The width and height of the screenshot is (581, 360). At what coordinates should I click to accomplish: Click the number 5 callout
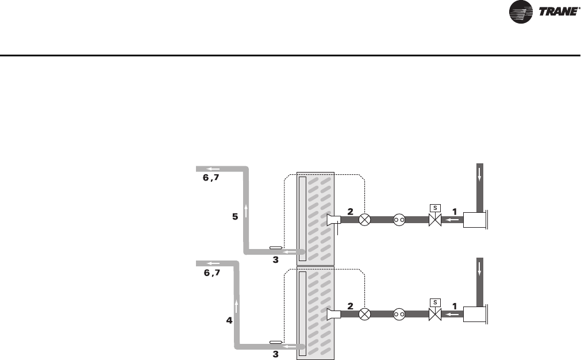tap(234, 217)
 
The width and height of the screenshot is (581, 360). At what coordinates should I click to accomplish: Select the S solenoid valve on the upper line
tap(435, 219)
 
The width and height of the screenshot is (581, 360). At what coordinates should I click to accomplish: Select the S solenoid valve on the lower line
tap(435, 315)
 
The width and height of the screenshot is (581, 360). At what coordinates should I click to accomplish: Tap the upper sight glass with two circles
tap(399, 220)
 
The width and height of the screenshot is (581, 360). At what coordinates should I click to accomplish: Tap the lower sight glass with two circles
tap(399, 315)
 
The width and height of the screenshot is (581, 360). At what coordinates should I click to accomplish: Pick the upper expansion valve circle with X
tap(364, 220)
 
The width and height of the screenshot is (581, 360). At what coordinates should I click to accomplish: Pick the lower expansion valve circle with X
tap(364, 315)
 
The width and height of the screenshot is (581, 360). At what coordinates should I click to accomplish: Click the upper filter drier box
tap(475, 220)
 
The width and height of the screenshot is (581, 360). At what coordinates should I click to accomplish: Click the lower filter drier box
tap(475, 315)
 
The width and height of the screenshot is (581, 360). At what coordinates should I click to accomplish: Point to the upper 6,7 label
tap(211, 178)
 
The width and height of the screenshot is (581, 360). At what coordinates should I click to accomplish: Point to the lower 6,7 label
tap(211, 273)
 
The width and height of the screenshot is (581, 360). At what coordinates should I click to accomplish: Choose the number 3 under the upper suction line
tap(275, 260)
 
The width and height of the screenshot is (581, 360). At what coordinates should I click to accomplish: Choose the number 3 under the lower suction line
tap(275, 355)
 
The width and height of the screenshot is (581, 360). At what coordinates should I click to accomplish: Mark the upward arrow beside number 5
tap(246, 212)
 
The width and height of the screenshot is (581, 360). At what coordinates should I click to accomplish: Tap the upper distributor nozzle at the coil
tap(332, 220)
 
